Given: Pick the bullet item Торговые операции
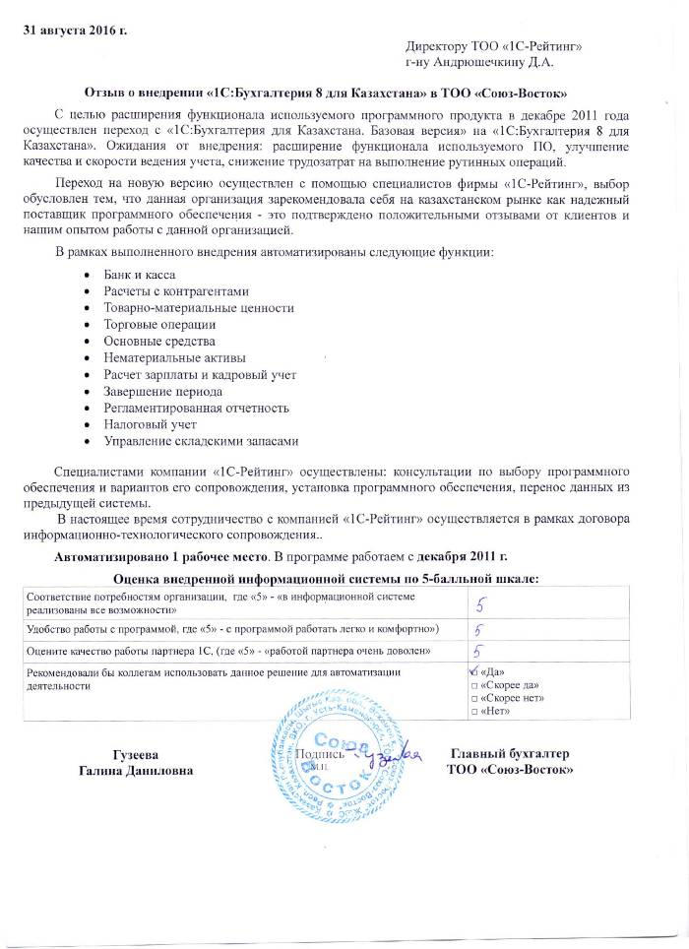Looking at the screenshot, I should [x=159, y=324].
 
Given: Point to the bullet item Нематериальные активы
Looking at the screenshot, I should [x=175, y=357].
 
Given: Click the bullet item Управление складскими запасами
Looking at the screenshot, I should [x=201, y=441].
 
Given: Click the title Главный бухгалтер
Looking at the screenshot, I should [x=510, y=753].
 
